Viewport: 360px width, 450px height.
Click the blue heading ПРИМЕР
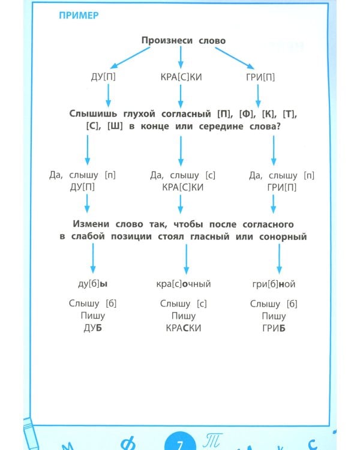(x=79, y=15)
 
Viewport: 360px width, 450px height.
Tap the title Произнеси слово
(x=183, y=40)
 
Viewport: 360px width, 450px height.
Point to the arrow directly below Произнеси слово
(x=181, y=58)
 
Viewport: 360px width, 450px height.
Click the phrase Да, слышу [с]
(x=182, y=175)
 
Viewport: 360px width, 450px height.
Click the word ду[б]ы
(x=92, y=284)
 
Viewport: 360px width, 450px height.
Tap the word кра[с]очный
(x=183, y=284)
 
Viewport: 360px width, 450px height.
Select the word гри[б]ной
(x=273, y=284)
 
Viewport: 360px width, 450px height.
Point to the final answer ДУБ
(x=92, y=328)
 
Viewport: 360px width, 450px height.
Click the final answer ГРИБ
(x=273, y=328)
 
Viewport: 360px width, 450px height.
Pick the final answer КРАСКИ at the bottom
(x=183, y=328)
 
